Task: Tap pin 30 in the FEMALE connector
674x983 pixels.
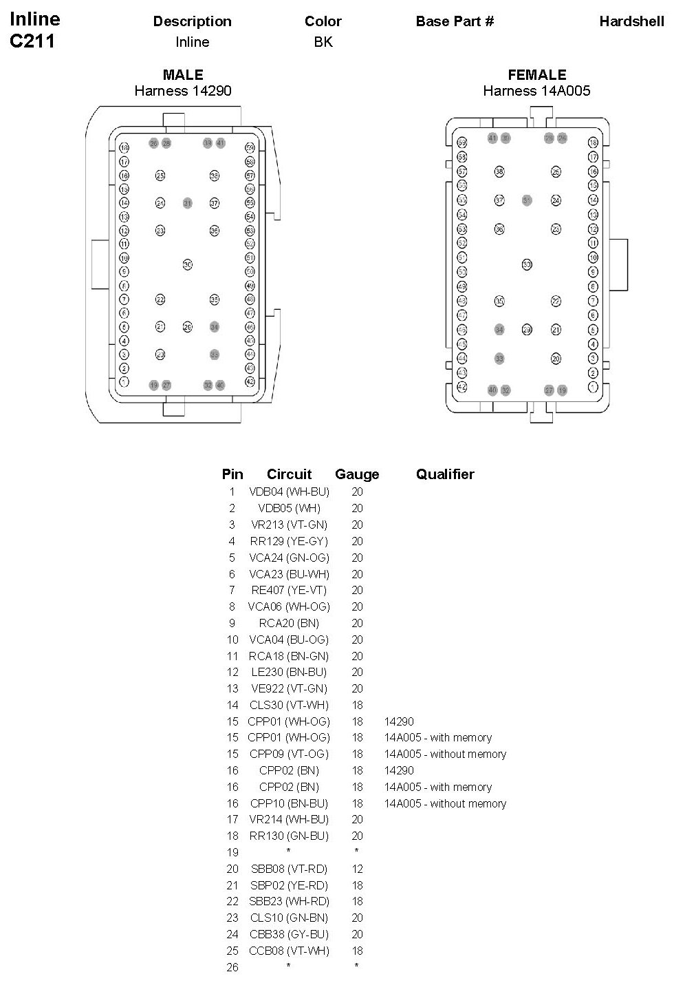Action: click(527, 264)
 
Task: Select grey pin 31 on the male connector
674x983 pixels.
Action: click(187, 203)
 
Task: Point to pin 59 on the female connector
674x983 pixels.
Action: click(462, 142)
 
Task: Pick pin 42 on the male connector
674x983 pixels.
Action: click(250, 382)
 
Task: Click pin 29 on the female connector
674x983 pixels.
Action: click(527, 330)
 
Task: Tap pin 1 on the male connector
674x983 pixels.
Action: click(124, 382)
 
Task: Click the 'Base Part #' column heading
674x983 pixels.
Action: click(455, 21)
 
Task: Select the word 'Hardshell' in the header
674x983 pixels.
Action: click(631, 21)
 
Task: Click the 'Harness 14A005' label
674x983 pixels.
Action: click(536, 91)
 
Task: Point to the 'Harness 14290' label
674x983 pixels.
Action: click(183, 91)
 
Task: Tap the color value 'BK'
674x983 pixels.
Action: click(323, 42)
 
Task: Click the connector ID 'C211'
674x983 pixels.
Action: click(32, 41)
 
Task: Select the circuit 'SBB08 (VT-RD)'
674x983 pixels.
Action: click(289, 869)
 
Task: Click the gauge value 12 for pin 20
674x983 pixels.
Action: click(357, 869)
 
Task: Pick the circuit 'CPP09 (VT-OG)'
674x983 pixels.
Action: click(289, 754)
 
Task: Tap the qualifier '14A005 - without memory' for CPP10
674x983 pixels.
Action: click(445, 803)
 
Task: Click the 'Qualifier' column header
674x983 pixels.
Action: click(445, 474)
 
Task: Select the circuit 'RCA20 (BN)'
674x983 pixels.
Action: click(289, 623)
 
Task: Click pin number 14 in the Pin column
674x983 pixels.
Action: click(232, 705)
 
